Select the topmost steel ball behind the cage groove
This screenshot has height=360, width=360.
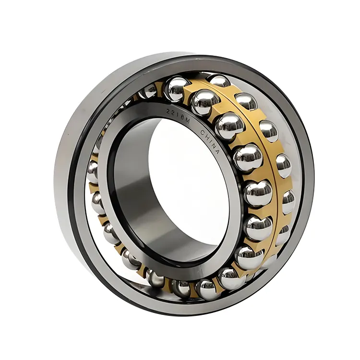pos(218,81)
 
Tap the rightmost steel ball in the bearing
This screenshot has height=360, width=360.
pos(288,202)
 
